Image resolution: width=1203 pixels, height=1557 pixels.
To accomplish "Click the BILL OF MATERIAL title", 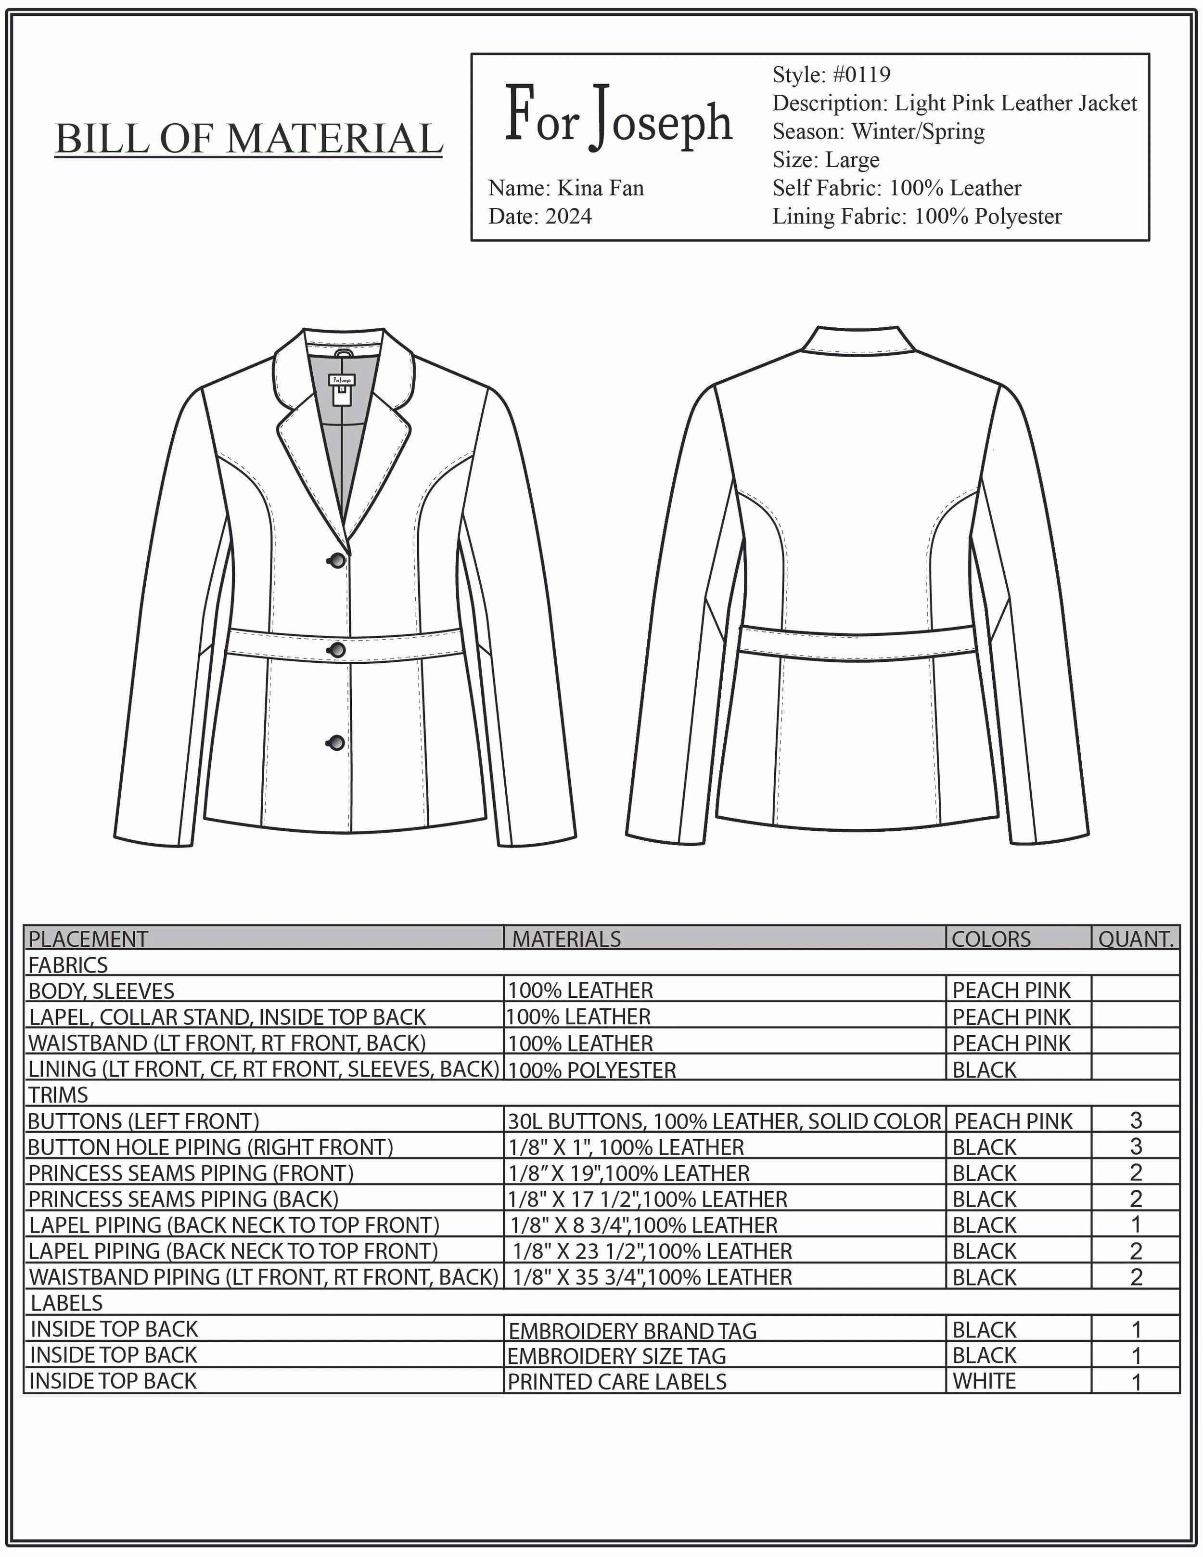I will pyautogui.click(x=249, y=138).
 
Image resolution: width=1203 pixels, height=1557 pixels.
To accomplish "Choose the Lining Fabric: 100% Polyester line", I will pyautogui.click(x=917, y=217).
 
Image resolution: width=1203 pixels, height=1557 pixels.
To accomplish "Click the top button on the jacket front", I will pyautogui.click(x=336, y=560).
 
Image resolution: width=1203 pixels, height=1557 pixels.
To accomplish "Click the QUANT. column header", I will pyautogui.click(x=1135, y=939).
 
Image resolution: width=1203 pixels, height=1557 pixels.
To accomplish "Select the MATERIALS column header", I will pyautogui.click(x=566, y=939).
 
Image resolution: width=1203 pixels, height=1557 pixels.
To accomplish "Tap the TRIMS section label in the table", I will pyautogui.click(x=58, y=1094).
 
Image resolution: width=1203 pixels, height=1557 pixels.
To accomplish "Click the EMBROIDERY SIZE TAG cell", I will pyautogui.click(x=616, y=1355).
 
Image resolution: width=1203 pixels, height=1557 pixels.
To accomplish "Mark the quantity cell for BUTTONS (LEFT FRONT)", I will pyautogui.click(x=1135, y=1120).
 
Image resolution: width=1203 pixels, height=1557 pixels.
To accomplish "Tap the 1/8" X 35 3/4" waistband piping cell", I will pyautogui.click(x=652, y=1277).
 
